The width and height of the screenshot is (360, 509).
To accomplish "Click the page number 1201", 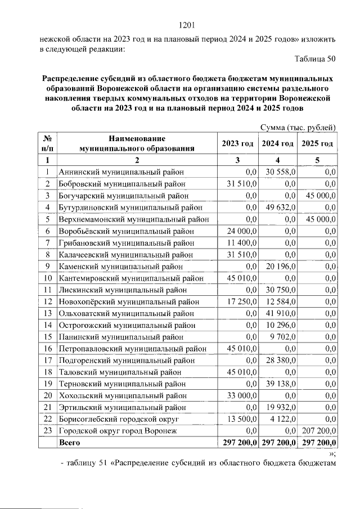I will (x=186, y=25).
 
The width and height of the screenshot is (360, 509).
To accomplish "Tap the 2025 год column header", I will (x=318, y=143).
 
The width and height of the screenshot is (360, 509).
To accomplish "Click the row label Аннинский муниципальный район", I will (x=121, y=172).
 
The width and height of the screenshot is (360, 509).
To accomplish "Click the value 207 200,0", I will (x=319, y=431).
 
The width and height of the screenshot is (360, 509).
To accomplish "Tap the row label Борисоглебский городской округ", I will (x=119, y=419).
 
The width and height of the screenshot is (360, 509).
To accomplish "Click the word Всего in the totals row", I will (x=70, y=443).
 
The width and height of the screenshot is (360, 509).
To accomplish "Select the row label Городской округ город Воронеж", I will (x=118, y=431).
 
